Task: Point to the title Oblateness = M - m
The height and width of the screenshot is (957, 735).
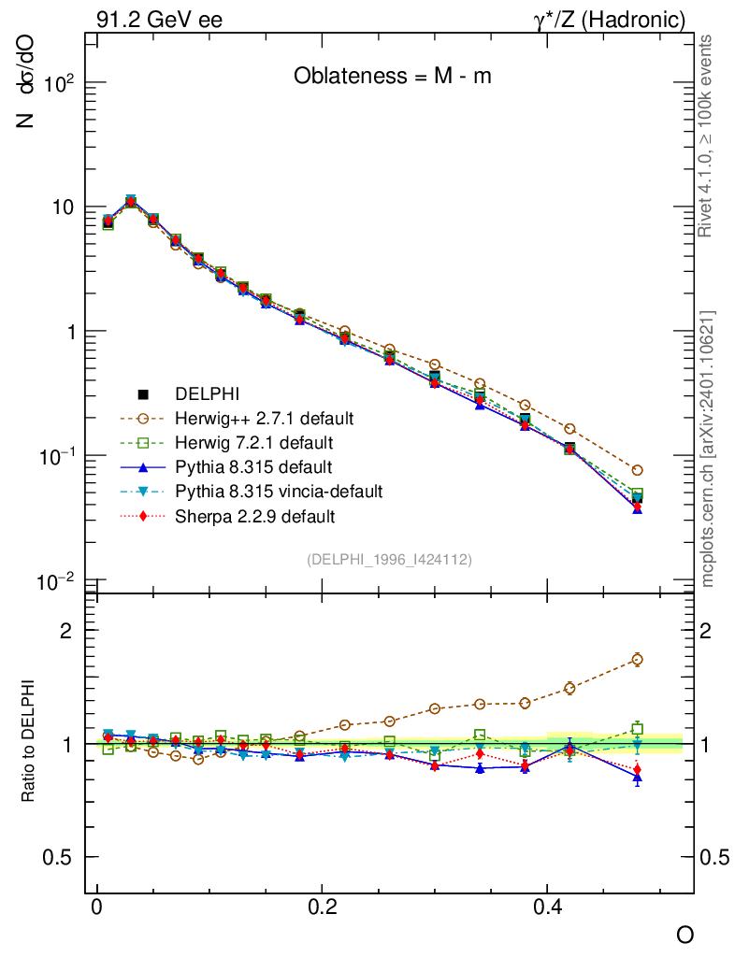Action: point(392,77)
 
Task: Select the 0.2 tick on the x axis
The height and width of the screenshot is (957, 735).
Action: point(322,907)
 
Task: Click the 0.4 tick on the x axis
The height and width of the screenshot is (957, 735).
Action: point(547,907)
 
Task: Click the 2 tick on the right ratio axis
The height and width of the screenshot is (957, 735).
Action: point(717,630)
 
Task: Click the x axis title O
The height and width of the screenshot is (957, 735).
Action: point(685,936)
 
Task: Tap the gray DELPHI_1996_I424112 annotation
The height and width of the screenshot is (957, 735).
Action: point(388,560)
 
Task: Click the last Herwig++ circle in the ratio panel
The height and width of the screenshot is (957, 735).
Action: point(637,660)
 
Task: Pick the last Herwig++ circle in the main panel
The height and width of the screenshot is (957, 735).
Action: point(637,470)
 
